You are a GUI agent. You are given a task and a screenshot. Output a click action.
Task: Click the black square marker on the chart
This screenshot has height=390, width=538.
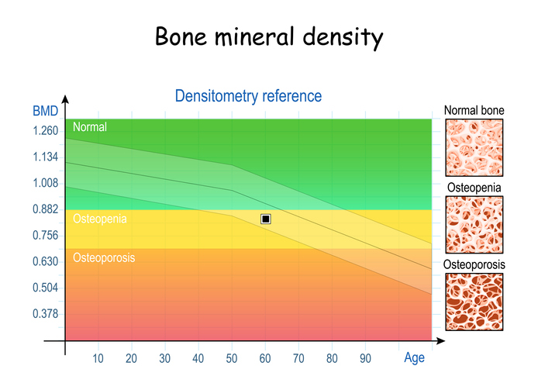click(266, 219)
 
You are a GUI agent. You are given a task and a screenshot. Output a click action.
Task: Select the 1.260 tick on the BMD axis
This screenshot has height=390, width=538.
click(45, 131)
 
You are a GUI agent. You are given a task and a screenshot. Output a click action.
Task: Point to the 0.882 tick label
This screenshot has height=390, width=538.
click(45, 209)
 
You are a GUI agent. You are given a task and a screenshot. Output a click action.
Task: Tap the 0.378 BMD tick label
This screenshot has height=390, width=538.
click(45, 313)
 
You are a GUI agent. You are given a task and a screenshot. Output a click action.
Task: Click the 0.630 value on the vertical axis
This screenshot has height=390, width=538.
click(45, 261)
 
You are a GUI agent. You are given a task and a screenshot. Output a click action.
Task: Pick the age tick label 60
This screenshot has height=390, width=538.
click(265, 358)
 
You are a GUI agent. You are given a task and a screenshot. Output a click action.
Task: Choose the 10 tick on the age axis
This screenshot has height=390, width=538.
click(98, 358)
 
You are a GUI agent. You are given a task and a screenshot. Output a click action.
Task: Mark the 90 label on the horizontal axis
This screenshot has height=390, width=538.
click(365, 358)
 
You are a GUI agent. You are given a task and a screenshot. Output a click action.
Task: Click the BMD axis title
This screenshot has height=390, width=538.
click(45, 111)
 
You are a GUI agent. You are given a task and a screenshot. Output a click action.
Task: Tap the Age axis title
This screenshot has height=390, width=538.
click(415, 358)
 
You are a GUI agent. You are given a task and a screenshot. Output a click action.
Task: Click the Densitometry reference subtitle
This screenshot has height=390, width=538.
click(247, 96)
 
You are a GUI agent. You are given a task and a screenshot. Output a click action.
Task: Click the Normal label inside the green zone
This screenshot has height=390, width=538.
click(90, 126)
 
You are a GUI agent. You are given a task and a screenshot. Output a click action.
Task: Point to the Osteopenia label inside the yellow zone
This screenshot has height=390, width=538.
click(100, 219)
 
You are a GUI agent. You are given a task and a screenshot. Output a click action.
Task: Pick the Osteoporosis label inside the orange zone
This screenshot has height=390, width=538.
click(105, 257)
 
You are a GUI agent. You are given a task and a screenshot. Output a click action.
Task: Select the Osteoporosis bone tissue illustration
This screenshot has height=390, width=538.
click(474, 302)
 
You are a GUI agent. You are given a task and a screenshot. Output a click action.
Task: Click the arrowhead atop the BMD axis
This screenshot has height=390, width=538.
click(65, 100)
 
